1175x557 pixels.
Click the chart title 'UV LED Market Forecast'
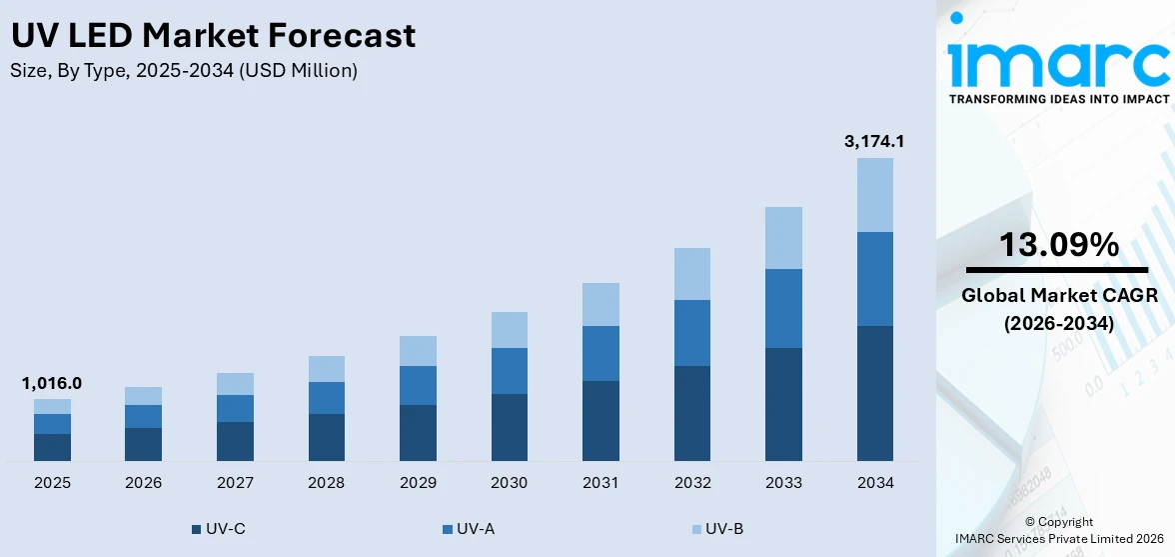[x=213, y=36]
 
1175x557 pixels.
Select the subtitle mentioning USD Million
[x=184, y=71]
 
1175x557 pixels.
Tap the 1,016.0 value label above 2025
[x=52, y=383]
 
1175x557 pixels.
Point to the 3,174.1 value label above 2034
[x=874, y=142]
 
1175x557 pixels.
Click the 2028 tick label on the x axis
[x=327, y=483]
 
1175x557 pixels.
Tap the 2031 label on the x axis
[x=600, y=483]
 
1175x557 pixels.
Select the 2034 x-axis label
[x=874, y=483]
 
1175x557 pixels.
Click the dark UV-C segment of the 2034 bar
[x=874, y=393]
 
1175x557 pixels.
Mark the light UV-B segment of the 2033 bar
[x=783, y=238]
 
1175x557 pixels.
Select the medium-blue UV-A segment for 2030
[x=509, y=371]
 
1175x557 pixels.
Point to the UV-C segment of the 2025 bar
[x=52, y=447]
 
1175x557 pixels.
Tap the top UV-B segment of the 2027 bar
[x=235, y=384]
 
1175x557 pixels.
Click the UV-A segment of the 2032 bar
[x=691, y=333]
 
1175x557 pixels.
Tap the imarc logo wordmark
[x=1058, y=62]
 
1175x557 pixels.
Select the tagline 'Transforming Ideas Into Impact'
[x=1058, y=99]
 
